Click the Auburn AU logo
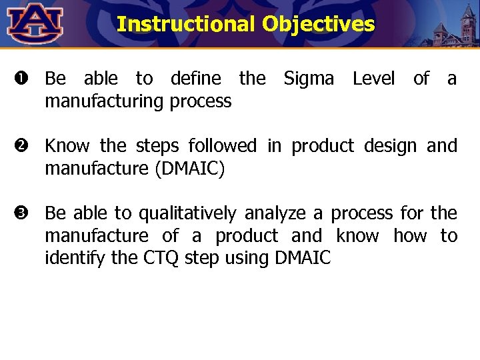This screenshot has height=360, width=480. (x=35, y=23)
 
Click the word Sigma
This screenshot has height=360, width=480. (x=309, y=79)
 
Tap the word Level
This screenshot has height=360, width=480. (x=373, y=79)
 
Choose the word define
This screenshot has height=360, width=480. (x=196, y=79)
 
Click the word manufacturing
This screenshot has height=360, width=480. (x=105, y=101)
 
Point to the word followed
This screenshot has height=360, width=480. (x=225, y=146)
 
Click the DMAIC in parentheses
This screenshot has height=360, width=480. (x=189, y=169)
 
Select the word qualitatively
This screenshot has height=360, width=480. (x=187, y=213)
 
